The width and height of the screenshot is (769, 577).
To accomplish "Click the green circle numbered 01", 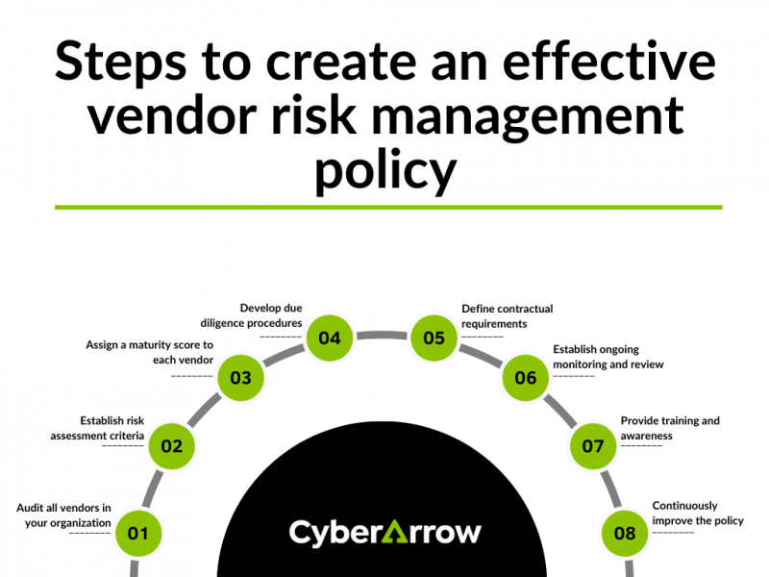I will coord(138,533).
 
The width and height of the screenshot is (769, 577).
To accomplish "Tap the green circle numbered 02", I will coord(171,446).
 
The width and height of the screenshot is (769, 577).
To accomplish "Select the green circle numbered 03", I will coord(240,378).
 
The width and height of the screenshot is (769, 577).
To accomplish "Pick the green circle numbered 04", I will coord(330,338).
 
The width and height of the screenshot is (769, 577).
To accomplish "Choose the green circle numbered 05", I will coord(434,338).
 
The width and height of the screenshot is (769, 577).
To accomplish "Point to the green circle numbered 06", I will coord(526,378).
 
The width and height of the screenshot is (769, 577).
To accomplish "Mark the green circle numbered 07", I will coord(593,446).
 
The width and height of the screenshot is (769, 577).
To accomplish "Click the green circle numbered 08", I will coord(625,533).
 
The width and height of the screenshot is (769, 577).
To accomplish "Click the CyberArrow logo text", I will coord(384,532).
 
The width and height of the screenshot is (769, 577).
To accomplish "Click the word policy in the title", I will coord(384,170).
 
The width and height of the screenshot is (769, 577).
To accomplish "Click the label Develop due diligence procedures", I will coord(252,315).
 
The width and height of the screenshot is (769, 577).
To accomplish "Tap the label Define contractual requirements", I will coord(507,316).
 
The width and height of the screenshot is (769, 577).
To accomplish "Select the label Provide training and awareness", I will coord(669,428).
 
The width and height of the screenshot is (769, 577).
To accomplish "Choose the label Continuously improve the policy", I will coord(698,513).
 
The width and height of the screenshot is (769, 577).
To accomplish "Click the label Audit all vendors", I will coord(63,514).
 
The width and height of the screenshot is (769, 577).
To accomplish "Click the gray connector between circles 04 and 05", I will coord(383,336).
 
